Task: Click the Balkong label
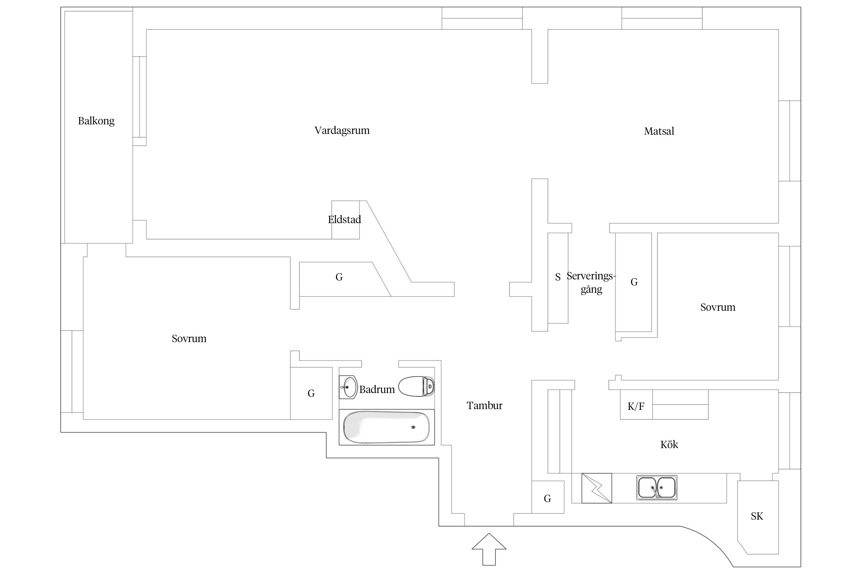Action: click(96, 121)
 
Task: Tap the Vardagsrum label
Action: click(342, 130)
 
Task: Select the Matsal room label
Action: click(659, 131)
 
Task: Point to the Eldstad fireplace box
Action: click(345, 220)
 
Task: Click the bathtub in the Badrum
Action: click(386, 427)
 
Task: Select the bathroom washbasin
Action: click(348, 387)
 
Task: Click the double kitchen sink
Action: click(656, 488)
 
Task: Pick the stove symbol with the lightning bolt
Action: click(596, 488)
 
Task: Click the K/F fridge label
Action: click(636, 406)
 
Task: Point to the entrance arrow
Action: click(489, 548)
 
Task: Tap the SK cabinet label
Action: click(756, 516)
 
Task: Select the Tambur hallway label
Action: click(484, 406)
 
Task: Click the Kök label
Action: click(669, 445)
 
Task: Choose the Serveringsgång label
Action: click(591, 282)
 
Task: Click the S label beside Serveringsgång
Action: click(558, 277)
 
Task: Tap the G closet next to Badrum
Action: click(311, 393)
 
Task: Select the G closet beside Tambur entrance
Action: click(547, 499)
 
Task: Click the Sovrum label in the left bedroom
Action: click(189, 339)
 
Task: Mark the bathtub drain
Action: click(413, 427)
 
